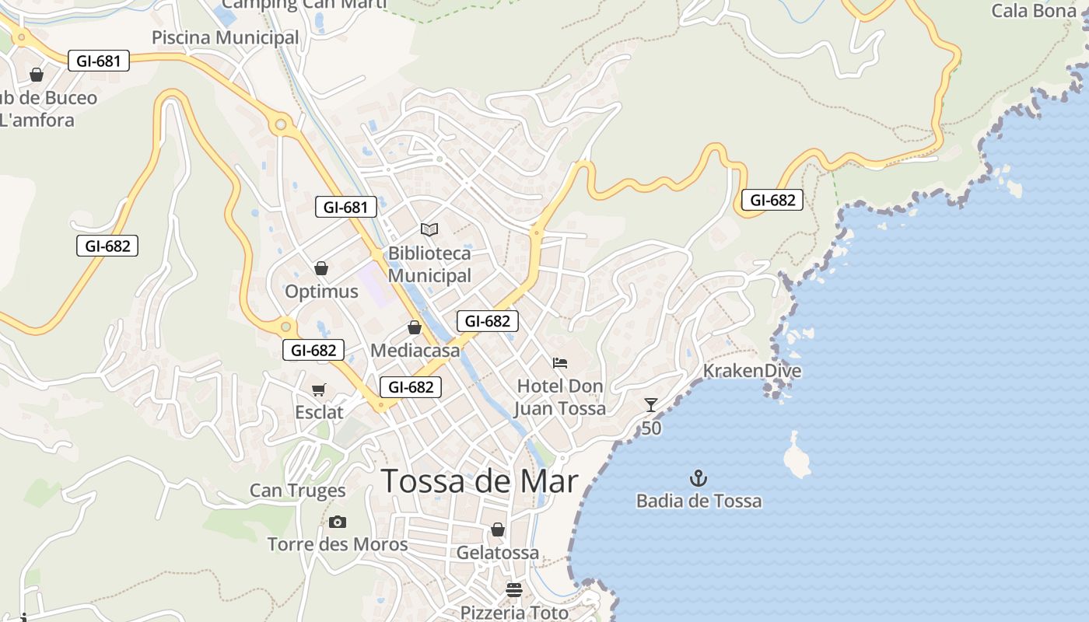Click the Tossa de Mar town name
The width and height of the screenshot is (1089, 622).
480,482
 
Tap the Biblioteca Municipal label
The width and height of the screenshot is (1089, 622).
429,264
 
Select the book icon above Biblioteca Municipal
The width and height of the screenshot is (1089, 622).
429,229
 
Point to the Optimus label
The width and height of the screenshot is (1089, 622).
321,292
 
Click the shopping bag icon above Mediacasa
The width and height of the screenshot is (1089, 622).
415,327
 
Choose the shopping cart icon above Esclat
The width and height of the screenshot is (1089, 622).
318,390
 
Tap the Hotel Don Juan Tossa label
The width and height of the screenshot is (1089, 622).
560,397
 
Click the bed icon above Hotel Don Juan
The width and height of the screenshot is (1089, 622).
560,362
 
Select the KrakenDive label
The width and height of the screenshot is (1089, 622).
751,371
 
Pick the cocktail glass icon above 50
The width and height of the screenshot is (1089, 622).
651,405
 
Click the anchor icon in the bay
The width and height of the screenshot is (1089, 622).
699,477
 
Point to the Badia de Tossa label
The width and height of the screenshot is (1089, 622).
699,501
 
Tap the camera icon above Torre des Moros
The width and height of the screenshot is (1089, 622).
337,522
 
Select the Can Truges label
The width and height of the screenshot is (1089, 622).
297,491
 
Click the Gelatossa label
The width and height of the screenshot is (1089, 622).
498,553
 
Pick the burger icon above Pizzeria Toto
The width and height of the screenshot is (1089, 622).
513,589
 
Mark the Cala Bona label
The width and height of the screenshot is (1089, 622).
1033,11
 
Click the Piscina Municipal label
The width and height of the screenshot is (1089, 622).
225,37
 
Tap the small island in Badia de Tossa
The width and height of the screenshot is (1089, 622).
797,456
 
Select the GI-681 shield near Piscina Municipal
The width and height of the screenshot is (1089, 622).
99,61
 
